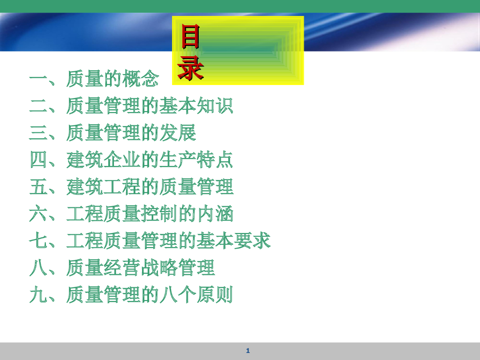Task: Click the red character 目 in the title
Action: coord(190,38)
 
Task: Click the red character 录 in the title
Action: coord(190,69)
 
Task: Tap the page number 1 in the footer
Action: coord(248,351)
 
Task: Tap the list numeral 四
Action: coord(38,160)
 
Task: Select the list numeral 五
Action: coord(38,187)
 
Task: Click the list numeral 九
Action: coord(38,295)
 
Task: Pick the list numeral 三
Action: coord(38,133)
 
